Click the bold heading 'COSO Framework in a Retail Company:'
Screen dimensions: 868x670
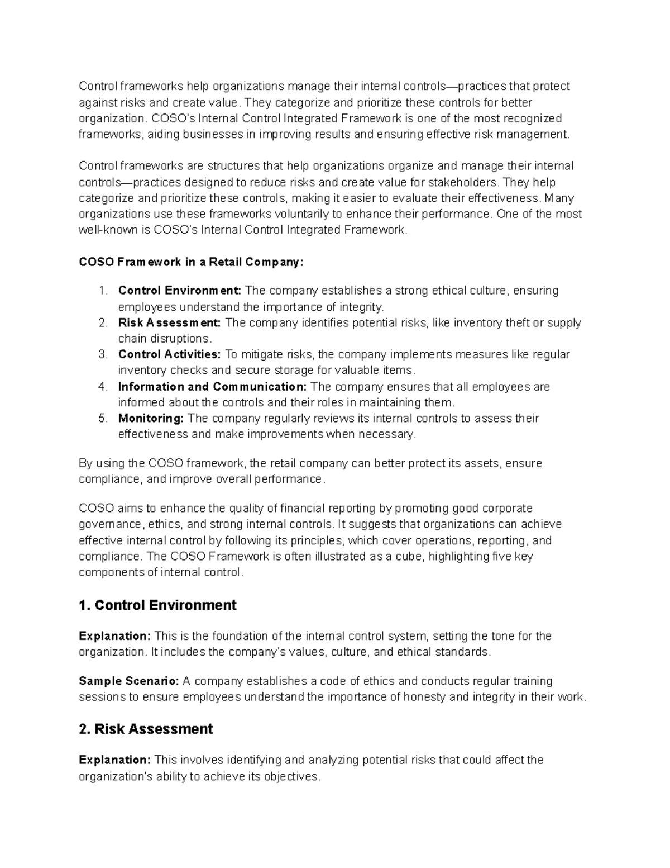coord(191,262)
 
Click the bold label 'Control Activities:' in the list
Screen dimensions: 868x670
coord(169,354)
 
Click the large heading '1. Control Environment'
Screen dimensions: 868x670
coord(157,605)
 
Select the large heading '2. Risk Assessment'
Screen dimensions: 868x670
coord(146,729)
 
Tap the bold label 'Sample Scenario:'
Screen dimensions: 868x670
coord(128,681)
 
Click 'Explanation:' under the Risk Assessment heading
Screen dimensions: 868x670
coord(114,760)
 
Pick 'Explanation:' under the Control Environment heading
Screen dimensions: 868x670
coord(114,636)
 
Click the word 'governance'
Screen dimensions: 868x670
coord(110,524)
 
